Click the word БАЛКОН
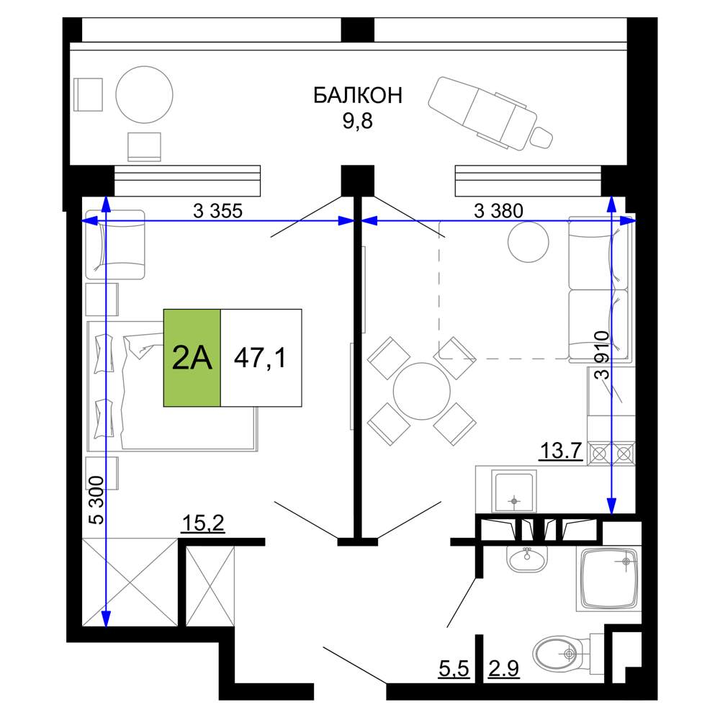coord(358,96)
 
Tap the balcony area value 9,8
coord(357,121)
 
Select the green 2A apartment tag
coord(192,358)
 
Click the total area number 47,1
coord(260,358)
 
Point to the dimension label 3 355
coord(217,211)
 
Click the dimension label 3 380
coord(498,211)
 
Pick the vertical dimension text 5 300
coord(96,500)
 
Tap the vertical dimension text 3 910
coord(601,355)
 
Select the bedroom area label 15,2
coord(204,523)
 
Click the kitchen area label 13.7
coord(561,451)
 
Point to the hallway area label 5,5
coord(454,669)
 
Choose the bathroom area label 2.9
coord(504,669)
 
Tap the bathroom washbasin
coord(527,559)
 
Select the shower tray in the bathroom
coord(609,579)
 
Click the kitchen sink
coord(514,491)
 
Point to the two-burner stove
coord(611,453)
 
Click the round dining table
coord(421,391)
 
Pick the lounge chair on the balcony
coord(490,113)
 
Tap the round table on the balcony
coord(144,95)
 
